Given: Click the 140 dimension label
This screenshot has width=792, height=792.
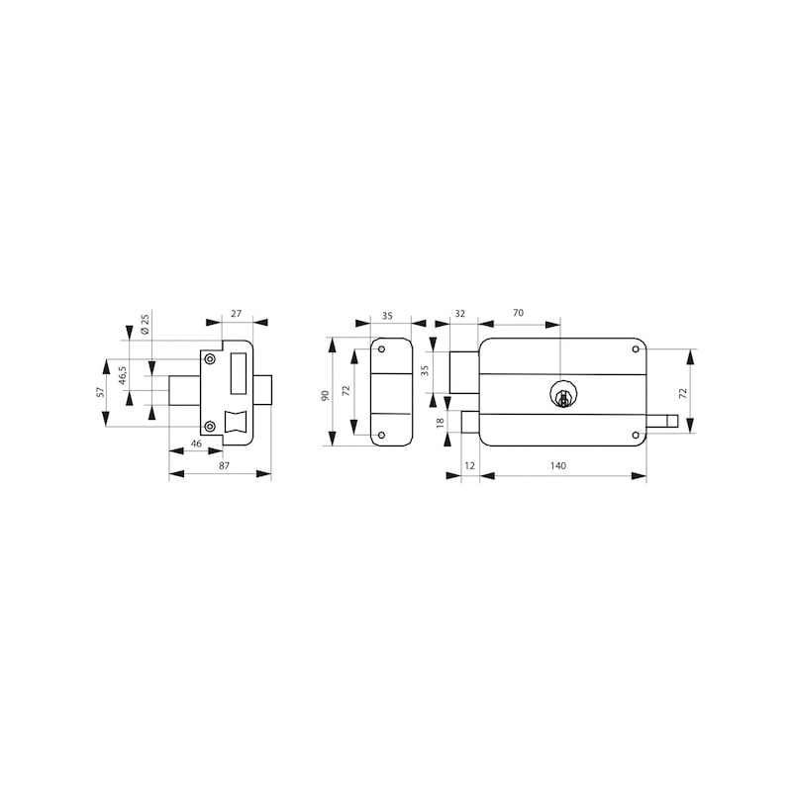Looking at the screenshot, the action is (x=557, y=465).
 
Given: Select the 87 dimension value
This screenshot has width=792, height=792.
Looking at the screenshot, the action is (x=225, y=465).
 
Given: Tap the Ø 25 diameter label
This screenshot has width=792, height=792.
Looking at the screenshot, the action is (x=145, y=324).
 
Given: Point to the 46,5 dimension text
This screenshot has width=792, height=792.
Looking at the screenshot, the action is (x=123, y=376).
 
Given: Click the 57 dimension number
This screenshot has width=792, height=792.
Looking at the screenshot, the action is (x=100, y=391).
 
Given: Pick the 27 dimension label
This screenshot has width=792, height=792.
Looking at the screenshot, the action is (x=236, y=314).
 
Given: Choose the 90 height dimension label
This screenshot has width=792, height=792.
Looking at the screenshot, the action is (x=325, y=395).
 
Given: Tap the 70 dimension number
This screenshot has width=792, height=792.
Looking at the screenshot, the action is (x=518, y=313).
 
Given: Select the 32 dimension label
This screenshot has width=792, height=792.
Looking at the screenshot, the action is (x=459, y=314).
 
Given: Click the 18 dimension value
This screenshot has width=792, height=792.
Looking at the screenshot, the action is (x=440, y=422).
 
